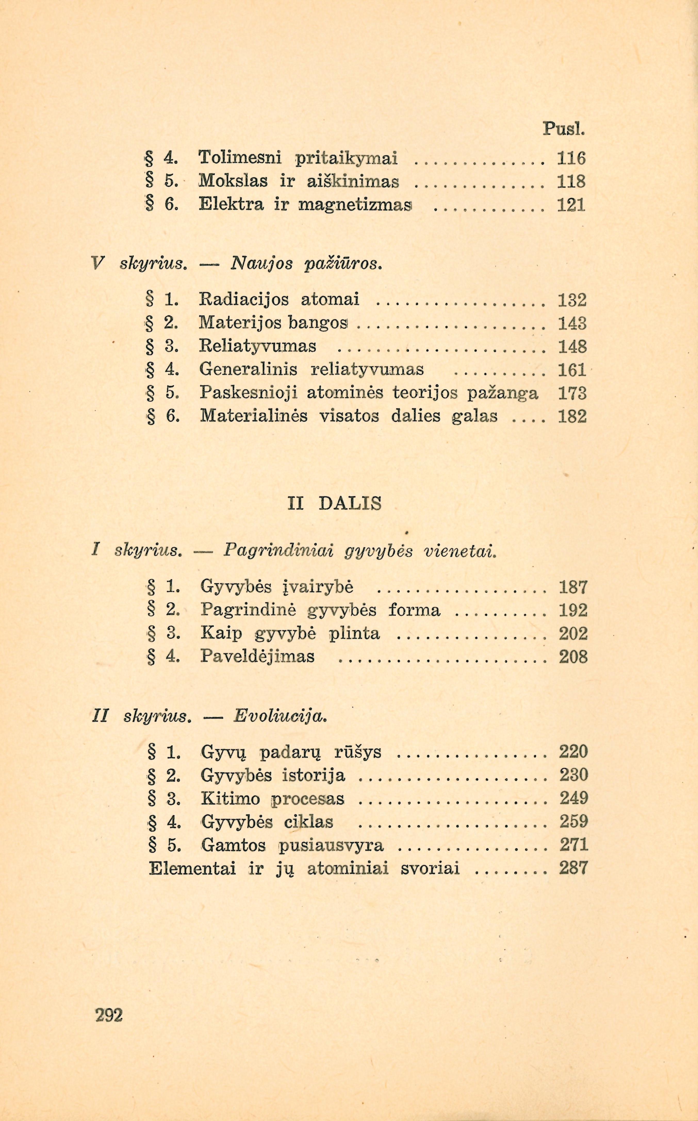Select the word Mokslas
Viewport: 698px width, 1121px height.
click(x=233, y=181)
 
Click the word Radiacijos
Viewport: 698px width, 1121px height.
click(x=244, y=300)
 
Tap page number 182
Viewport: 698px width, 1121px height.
click(x=572, y=417)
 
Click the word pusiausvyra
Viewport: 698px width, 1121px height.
click(x=331, y=845)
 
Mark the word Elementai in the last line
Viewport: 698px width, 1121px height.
click(x=193, y=869)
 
